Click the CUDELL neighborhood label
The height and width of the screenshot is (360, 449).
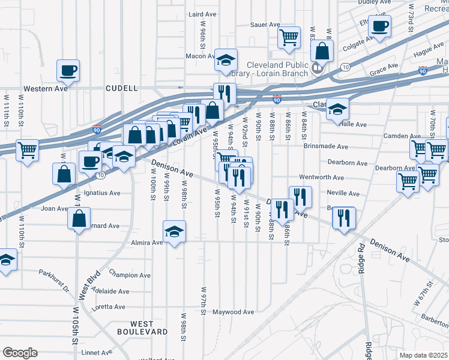[121, 88]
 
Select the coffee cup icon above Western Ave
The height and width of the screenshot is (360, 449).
[68, 70]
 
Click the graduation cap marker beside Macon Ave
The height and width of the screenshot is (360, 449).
[226, 59]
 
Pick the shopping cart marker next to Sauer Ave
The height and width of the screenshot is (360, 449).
[289, 37]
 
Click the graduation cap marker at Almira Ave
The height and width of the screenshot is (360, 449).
[174, 231]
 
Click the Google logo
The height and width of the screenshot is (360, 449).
[20, 353]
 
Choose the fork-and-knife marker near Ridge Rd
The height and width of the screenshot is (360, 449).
[343, 217]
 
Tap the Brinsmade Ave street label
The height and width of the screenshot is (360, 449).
[325, 146]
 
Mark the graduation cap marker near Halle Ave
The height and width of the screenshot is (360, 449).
[337, 108]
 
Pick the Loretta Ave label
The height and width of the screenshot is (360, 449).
[109, 307]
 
